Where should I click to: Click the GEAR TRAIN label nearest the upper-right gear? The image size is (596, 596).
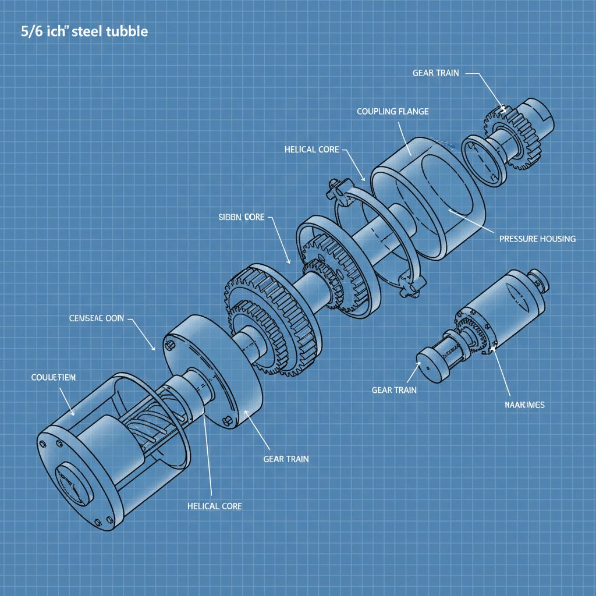pyautogui.click(x=435, y=73)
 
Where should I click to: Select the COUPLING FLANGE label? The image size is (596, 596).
pyautogui.click(x=392, y=111)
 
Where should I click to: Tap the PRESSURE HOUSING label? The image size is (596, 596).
pyautogui.click(x=537, y=239)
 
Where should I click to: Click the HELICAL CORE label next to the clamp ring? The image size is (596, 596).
pyautogui.click(x=311, y=150)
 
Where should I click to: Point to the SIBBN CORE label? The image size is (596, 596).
pyautogui.click(x=241, y=217)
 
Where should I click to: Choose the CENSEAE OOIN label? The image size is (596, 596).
pyautogui.click(x=96, y=319)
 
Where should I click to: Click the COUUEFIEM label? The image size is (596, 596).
pyautogui.click(x=53, y=378)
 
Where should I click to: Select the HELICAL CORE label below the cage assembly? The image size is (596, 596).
pyautogui.click(x=214, y=506)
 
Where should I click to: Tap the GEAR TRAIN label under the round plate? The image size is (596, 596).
pyautogui.click(x=286, y=459)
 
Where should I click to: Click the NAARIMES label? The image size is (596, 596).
pyautogui.click(x=524, y=405)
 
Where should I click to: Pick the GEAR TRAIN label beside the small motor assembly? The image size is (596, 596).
pyautogui.click(x=394, y=390)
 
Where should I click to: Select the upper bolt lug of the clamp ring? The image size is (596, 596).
pyautogui.click(x=337, y=187)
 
